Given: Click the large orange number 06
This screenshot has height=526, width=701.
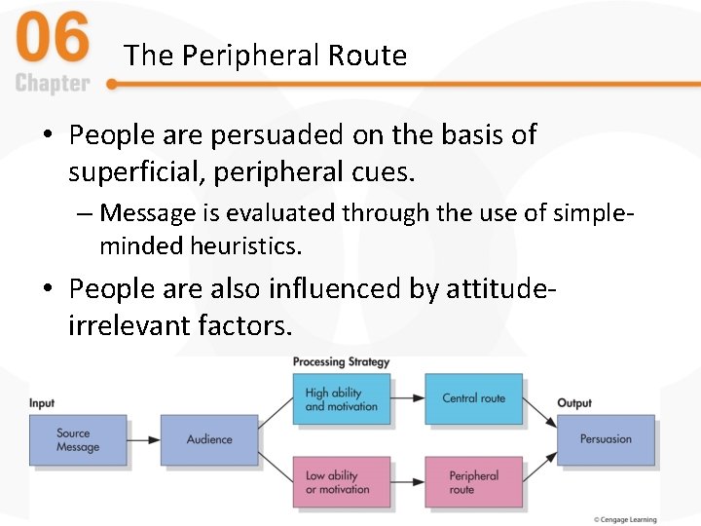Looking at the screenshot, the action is [x=53, y=42].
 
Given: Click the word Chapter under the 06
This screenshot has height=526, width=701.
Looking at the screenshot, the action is [x=53, y=84].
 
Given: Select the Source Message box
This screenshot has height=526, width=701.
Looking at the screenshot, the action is [x=78, y=440].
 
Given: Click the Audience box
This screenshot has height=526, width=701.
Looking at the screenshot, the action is [x=209, y=440].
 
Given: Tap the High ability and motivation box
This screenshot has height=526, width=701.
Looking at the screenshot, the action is [x=342, y=399].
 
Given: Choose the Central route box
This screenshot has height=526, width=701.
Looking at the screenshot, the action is [x=473, y=399].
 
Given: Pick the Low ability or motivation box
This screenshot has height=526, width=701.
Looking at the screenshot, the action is [x=342, y=482].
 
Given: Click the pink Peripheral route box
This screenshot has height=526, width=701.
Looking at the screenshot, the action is [x=473, y=482].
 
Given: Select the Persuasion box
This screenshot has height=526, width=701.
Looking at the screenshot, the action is [x=605, y=440].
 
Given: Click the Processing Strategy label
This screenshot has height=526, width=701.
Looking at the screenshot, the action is [x=341, y=362].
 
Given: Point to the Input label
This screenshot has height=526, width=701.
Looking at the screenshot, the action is [x=42, y=403].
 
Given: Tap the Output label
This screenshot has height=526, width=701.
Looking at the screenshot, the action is [x=574, y=403].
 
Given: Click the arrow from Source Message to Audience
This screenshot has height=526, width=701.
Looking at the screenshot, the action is [x=143, y=440].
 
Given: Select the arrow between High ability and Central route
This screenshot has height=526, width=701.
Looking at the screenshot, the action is [x=407, y=399].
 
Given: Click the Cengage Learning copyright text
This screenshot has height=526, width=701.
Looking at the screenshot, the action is [x=627, y=519].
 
